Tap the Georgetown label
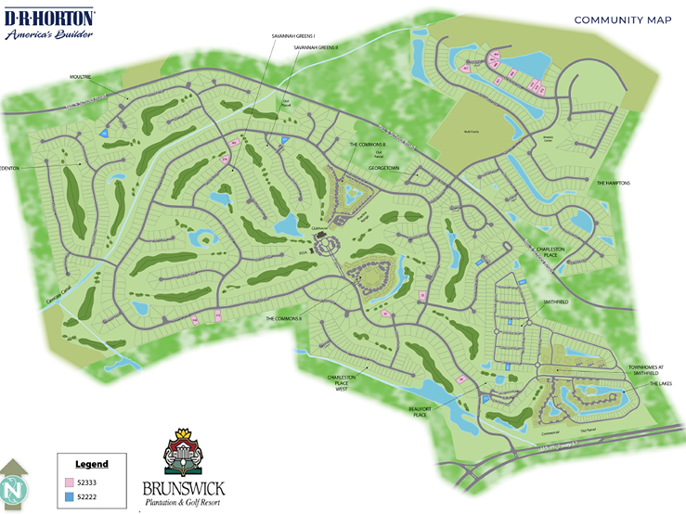pyautogui.click(x=383, y=170)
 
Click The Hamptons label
pyautogui.click(x=613, y=183)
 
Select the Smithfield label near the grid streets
pyautogui.click(x=556, y=302)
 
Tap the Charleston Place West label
pyautogui.click(x=342, y=382)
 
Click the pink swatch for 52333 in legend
pyautogui.click(x=69, y=483)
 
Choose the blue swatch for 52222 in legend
pyautogui.click(x=69, y=498)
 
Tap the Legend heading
pyautogui.click(x=92, y=464)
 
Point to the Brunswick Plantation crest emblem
pyautogui.click(x=183, y=452)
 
